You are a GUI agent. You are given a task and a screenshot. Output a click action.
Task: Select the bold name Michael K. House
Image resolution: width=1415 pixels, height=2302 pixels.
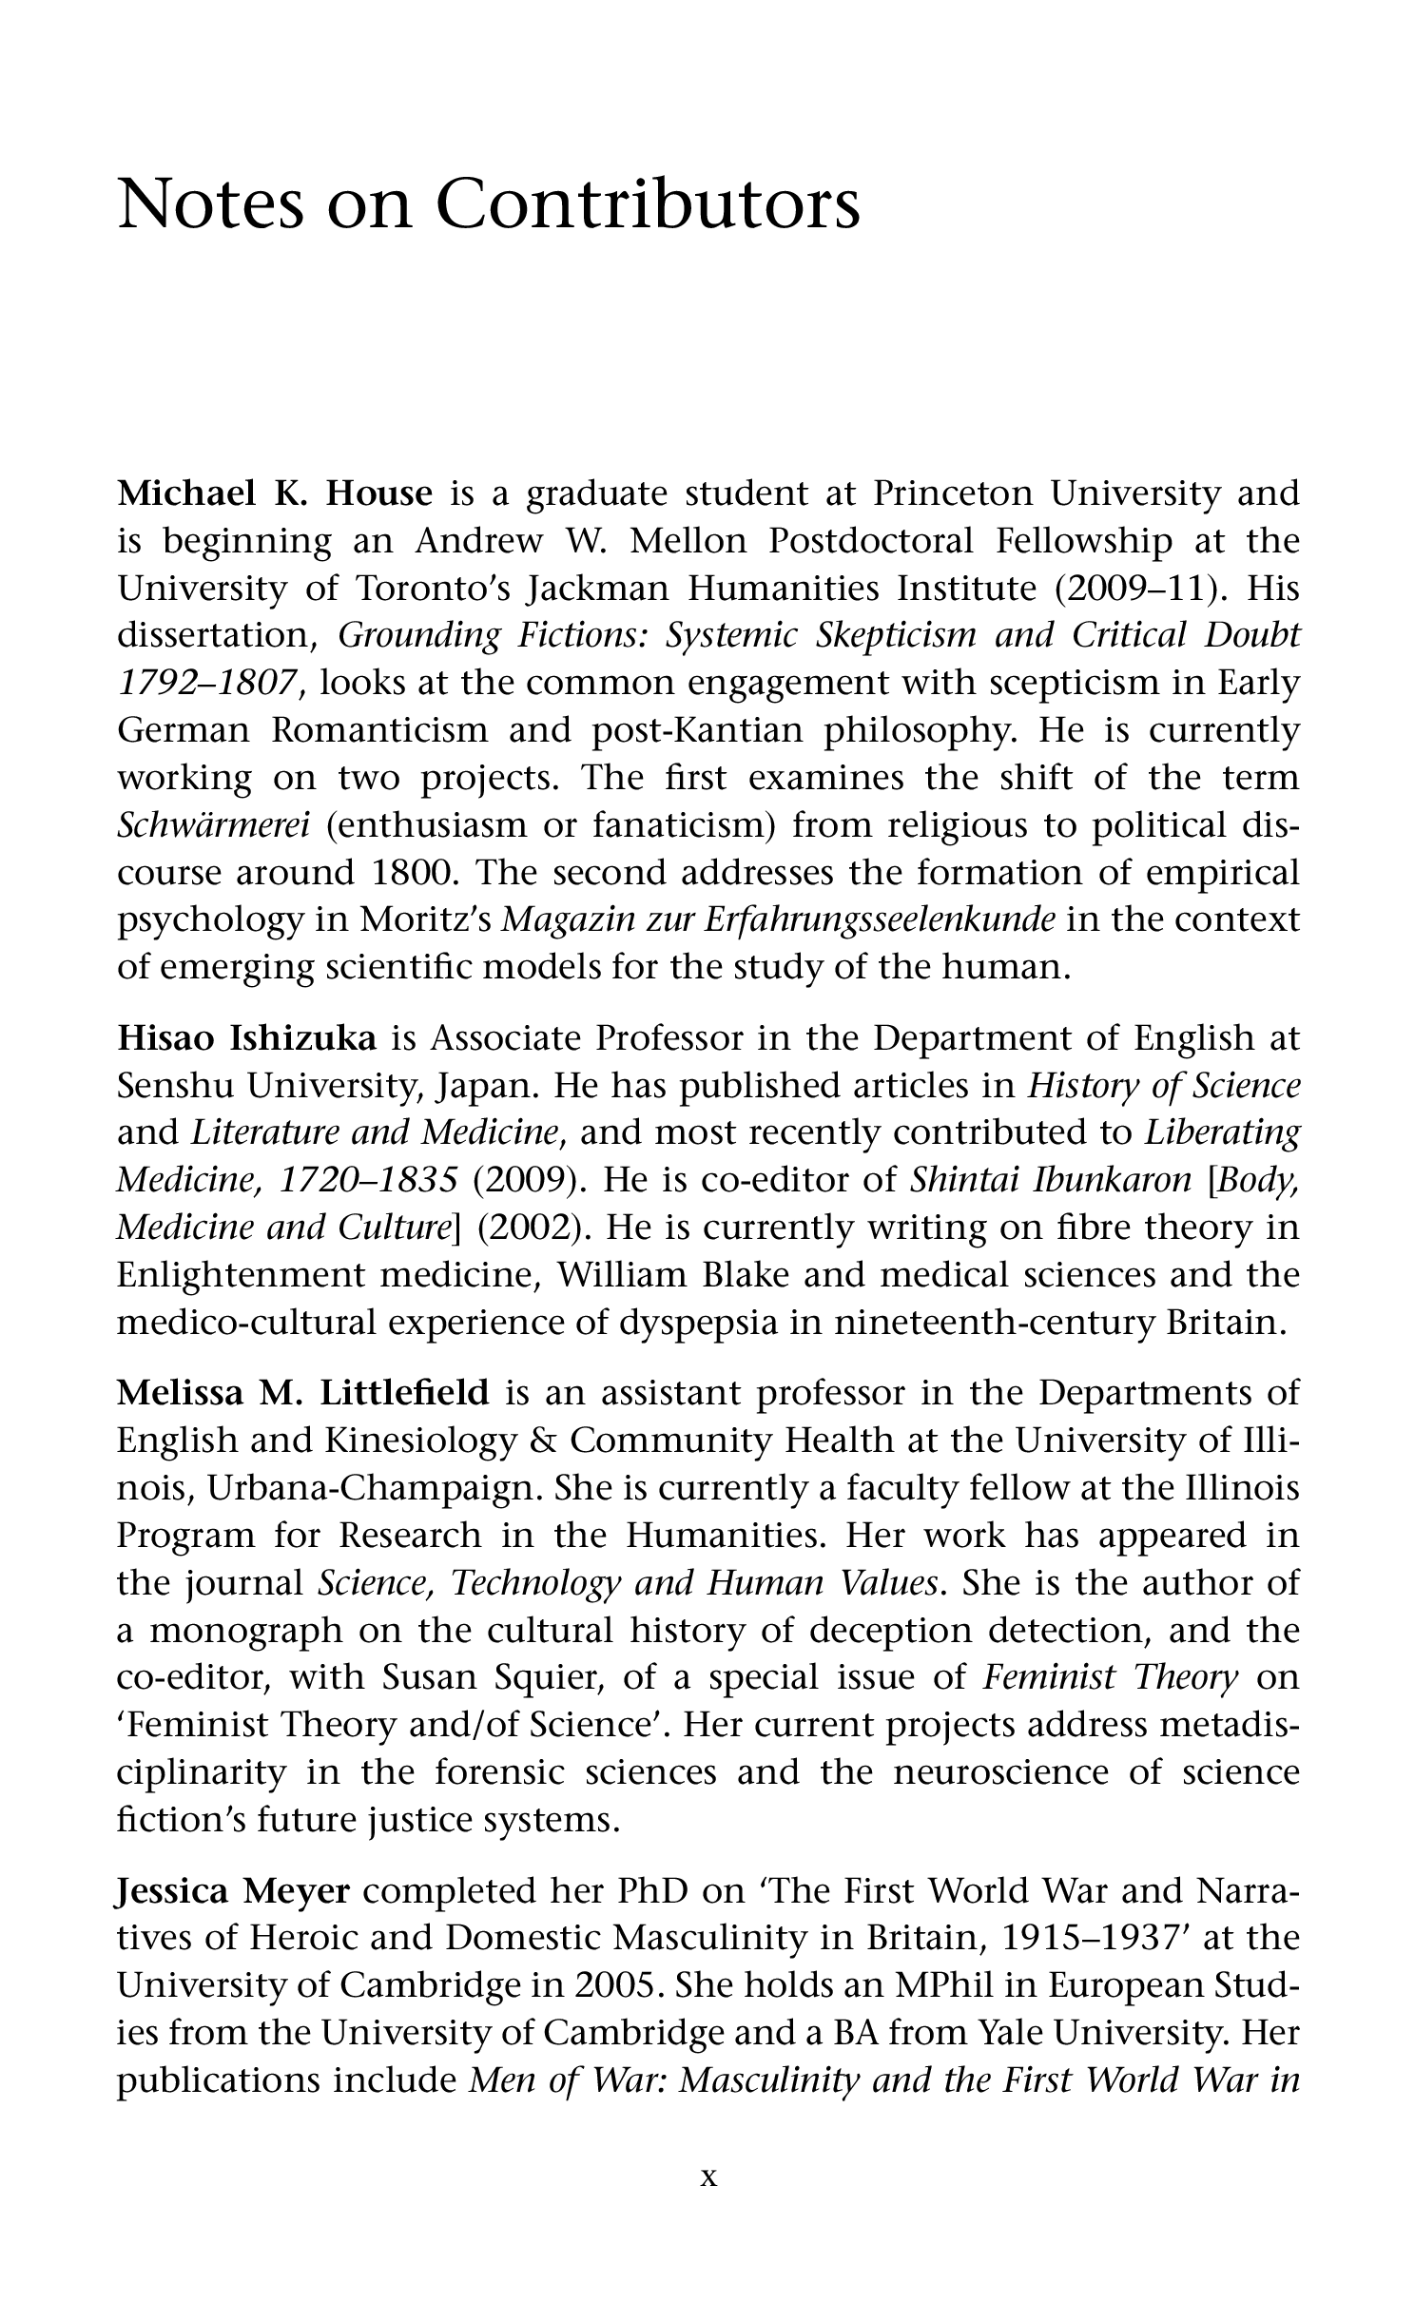(x=275, y=493)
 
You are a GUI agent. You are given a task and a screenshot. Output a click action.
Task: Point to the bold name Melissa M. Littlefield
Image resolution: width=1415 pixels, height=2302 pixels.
(x=302, y=1393)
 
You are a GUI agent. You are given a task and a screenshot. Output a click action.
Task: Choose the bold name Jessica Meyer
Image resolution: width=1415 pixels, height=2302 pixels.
(x=233, y=1891)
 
